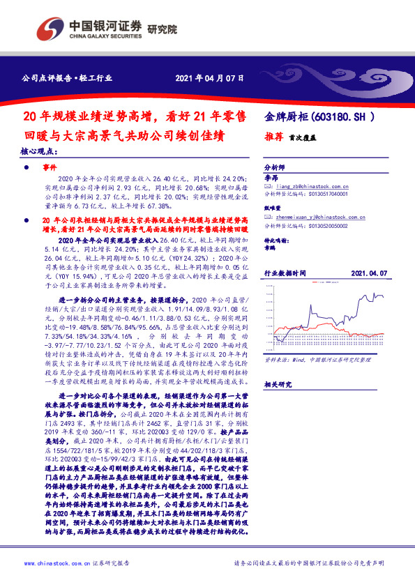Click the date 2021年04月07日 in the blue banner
coord(209,78)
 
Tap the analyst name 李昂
coord(271,178)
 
